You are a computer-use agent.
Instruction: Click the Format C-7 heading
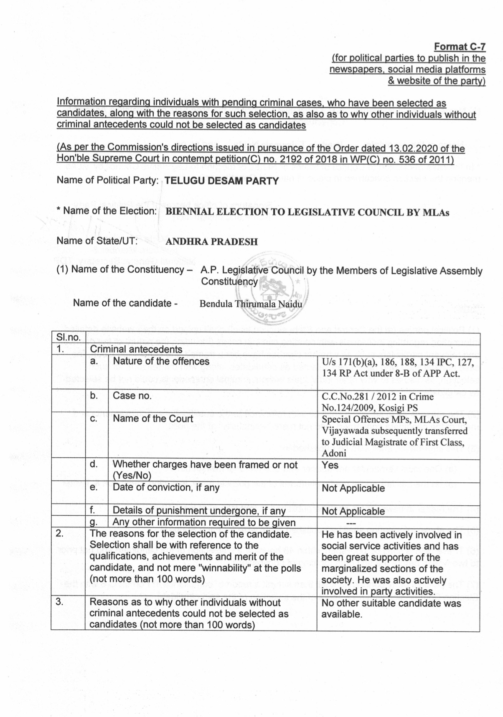[460, 46]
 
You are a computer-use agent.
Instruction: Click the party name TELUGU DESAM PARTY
[221, 181]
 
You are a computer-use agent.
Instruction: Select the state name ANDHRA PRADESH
[211, 242]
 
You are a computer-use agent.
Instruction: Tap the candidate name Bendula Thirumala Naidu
[250, 304]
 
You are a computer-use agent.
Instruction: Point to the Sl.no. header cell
[68, 337]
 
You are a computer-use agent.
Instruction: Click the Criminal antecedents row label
[136, 349]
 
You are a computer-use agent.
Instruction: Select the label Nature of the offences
[161, 361]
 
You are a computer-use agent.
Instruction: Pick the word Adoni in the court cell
[334, 453]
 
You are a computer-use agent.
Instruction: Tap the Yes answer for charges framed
[330, 465]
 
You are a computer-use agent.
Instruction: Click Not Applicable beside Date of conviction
[353, 488]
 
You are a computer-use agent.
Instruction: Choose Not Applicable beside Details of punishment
[353, 511]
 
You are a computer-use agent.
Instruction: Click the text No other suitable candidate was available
[391, 608]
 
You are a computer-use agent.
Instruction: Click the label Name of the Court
[153, 419]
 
